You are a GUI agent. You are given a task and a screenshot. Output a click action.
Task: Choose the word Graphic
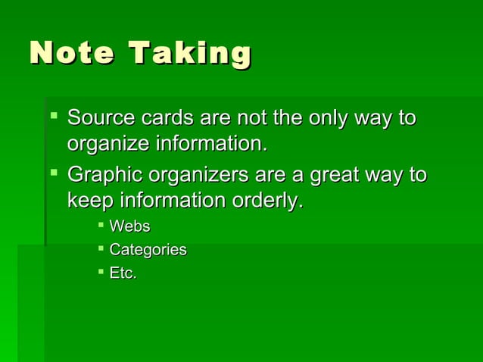click(104, 175)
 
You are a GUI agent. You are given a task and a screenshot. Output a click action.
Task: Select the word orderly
click(265, 200)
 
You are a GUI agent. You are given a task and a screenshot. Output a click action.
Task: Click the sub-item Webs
click(129, 226)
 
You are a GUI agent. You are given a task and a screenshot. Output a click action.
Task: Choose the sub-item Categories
click(148, 249)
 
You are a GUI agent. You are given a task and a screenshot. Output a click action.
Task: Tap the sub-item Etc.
click(123, 273)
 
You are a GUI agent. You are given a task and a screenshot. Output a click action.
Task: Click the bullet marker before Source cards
click(52, 117)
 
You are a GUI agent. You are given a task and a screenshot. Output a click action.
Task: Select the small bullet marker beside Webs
click(101, 225)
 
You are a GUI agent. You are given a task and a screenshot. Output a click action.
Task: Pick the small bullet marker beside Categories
click(101, 248)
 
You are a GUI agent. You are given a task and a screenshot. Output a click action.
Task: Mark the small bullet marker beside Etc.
click(101, 271)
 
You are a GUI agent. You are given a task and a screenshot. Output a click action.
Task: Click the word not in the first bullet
click(251, 119)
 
